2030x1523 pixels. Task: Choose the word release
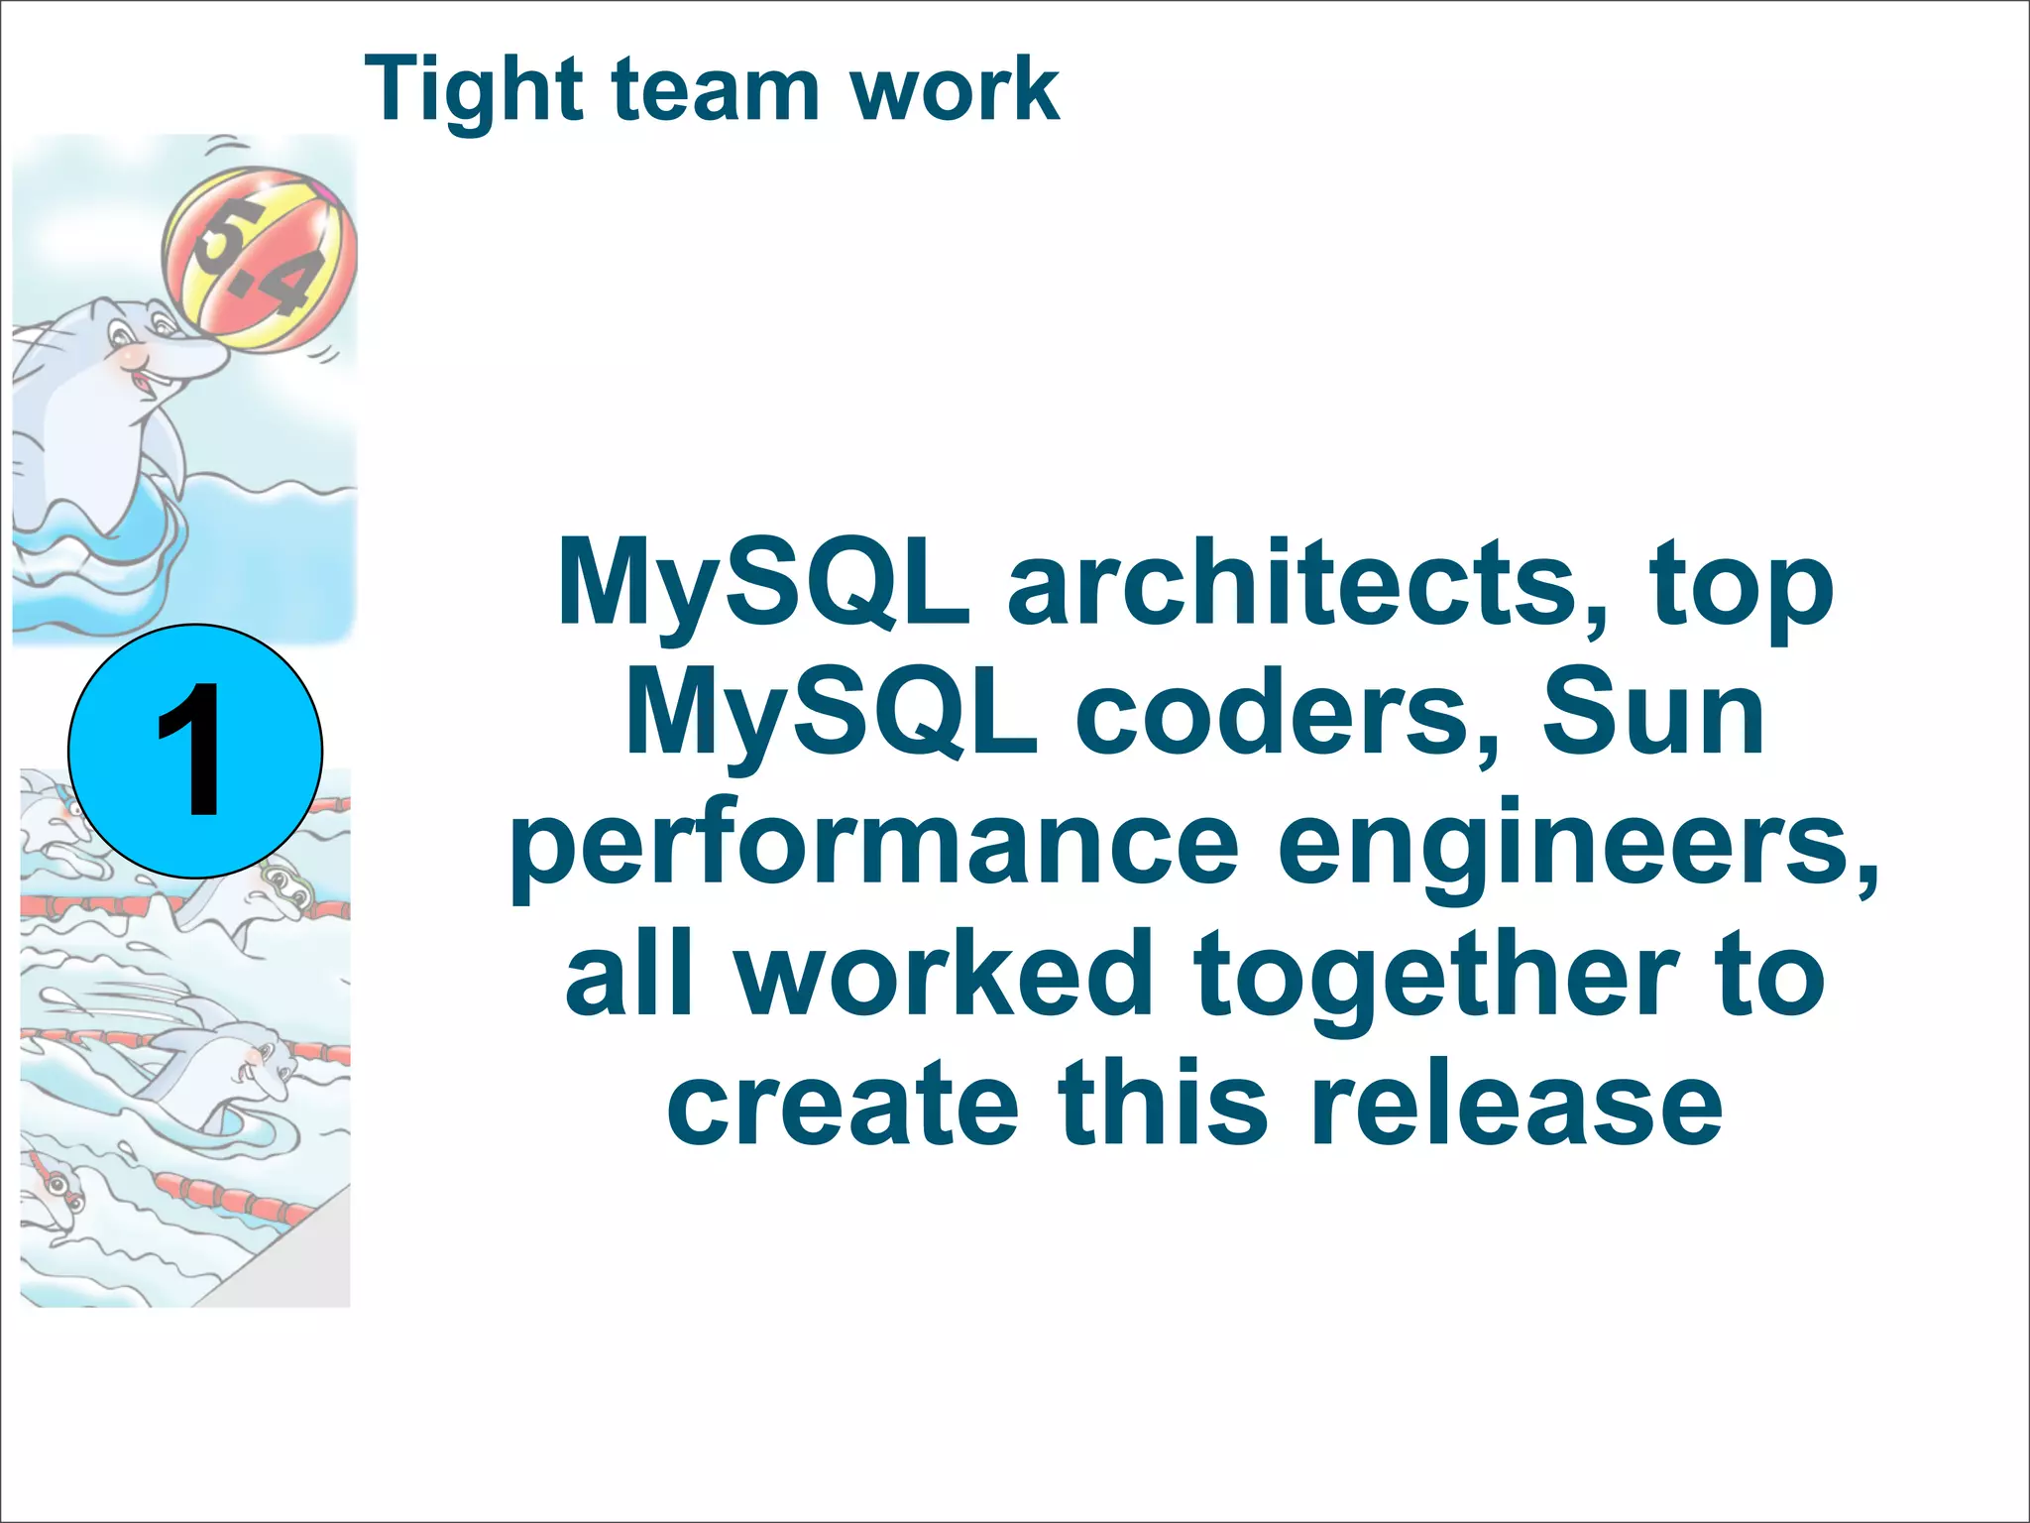point(1517,1105)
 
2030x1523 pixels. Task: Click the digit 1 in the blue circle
point(192,751)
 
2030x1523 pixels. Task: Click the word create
point(843,1105)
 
